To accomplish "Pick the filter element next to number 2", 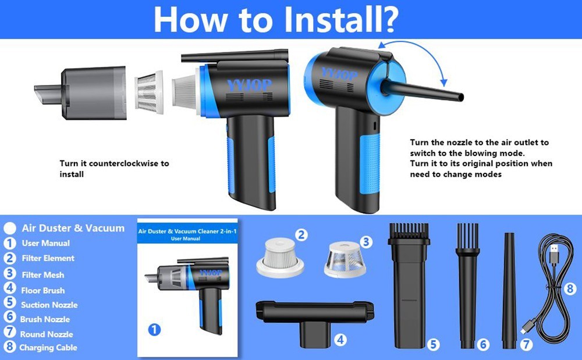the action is [281, 258].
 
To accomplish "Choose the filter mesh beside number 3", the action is [345, 259].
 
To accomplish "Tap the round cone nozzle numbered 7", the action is [509, 290].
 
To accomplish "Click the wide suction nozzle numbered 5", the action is [409, 286].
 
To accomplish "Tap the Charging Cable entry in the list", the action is [48, 347].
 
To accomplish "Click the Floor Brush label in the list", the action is [43, 290].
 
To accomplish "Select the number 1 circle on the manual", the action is [154, 329].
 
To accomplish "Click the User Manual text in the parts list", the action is [45, 243].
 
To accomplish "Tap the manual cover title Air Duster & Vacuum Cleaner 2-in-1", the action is [187, 231].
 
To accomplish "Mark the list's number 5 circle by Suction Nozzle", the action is [10, 302].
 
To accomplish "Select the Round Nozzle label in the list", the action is [47, 334].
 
